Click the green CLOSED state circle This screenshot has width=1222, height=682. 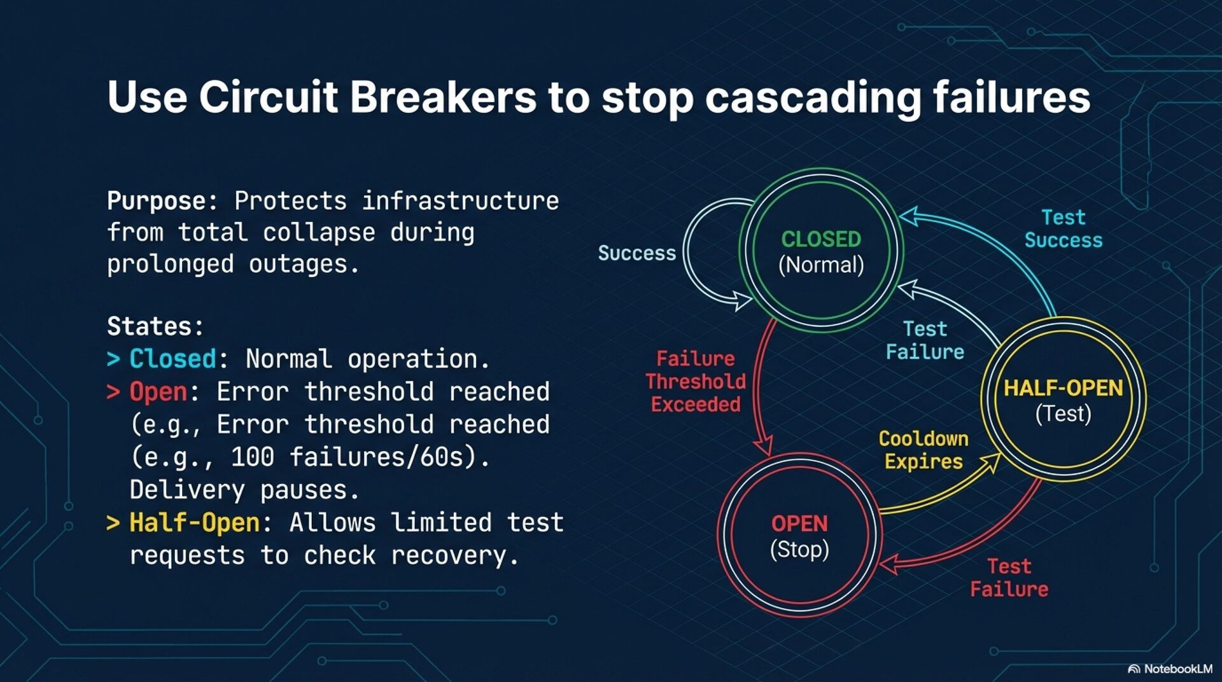point(821,251)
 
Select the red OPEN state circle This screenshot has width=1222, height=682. point(799,535)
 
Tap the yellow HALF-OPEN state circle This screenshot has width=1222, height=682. point(1063,400)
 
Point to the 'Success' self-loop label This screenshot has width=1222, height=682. point(636,253)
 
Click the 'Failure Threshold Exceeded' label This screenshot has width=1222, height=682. point(696,381)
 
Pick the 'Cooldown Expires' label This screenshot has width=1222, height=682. point(924,450)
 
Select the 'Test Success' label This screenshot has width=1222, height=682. point(1064,229)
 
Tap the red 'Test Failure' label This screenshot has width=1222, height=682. point(1009,578)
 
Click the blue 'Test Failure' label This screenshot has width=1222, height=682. point(925,340)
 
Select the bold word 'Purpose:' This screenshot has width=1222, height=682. point(157,201)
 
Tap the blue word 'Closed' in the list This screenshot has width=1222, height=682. point(172,359)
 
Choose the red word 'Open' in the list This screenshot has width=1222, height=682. point(158,392)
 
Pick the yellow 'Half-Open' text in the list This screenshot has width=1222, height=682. point(194,523)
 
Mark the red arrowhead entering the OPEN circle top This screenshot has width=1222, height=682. point(763,445)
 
